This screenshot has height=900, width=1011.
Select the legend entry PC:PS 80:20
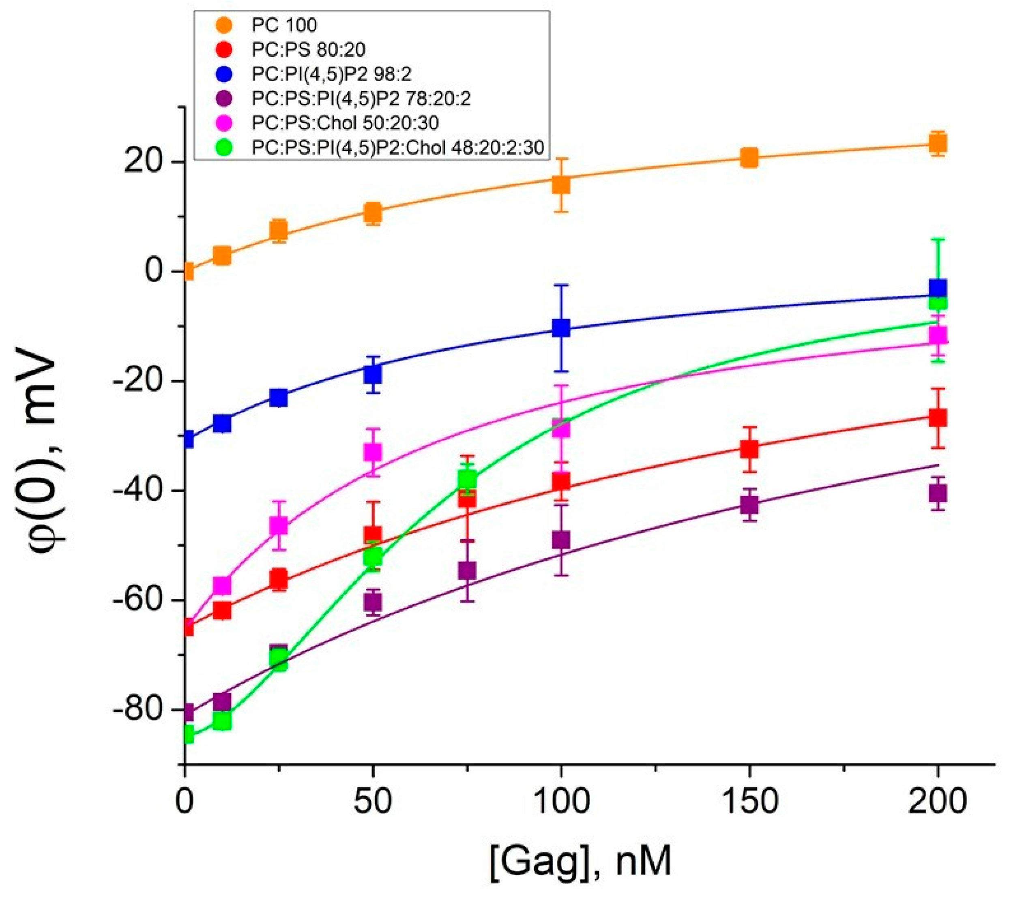point(308,49)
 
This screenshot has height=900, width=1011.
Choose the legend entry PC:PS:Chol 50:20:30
point(345,123)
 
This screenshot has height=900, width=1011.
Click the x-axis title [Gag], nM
point(581,861)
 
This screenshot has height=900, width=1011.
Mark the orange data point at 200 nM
point(938,144)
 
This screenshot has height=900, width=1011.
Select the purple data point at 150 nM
point(749,506)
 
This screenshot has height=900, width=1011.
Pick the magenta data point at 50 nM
point(373,452)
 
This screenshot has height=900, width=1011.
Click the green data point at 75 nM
point(467,479)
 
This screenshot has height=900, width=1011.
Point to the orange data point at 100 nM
point(561,185)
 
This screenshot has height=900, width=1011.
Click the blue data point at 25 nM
point(279,397)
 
